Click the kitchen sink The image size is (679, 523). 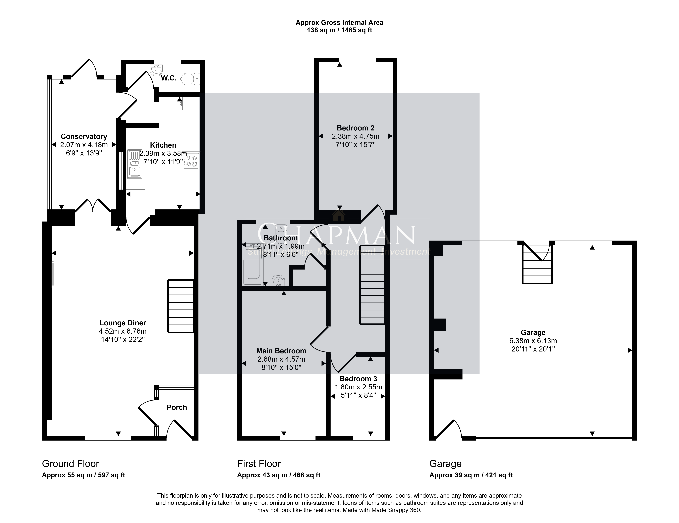click(135, 164)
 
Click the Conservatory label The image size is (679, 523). click(84, 137)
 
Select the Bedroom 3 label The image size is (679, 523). click(358, 379)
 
